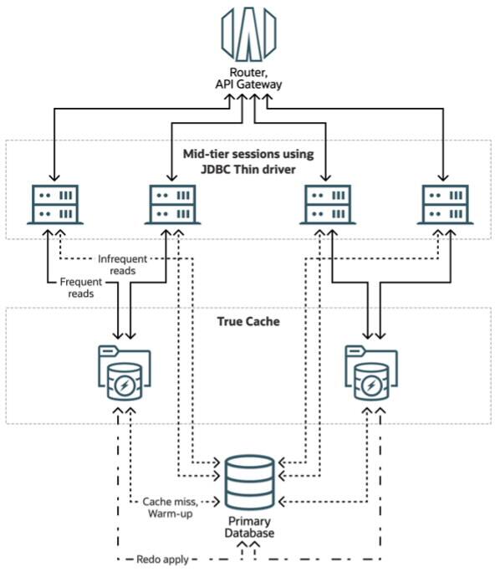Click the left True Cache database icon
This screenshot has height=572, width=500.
124,371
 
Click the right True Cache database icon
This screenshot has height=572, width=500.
368,371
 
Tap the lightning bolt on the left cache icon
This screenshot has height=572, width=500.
125,386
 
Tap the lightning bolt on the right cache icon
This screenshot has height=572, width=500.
369,386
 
